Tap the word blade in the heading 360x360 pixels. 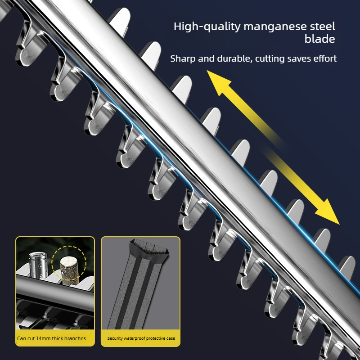coord(320,39)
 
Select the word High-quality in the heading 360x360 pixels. coord(207,27)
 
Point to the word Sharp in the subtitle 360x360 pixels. coord(183,59)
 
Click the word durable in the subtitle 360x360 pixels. coord(234,59)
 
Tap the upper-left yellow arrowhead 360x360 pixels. coord(218,82)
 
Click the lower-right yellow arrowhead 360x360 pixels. coord(328,211)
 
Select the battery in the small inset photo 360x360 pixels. coord(38,265)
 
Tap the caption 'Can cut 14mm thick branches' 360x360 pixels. coord(51,338)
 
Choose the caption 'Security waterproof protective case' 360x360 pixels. coord(141,338)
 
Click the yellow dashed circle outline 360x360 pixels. coord(69,246)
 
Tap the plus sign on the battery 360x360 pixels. coord(40,266)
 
